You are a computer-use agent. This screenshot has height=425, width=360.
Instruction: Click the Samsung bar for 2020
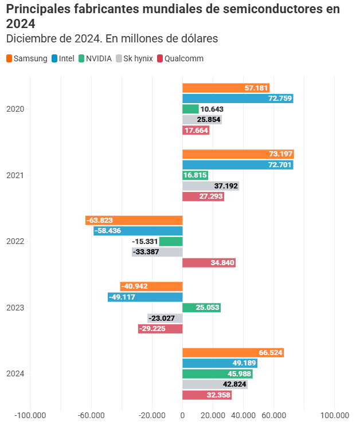225,88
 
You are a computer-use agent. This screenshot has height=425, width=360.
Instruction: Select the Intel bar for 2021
237,165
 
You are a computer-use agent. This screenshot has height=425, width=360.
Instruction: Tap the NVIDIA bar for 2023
201,308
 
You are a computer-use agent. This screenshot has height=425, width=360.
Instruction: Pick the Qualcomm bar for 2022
209,263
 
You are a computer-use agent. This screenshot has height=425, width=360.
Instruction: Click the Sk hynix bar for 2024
214,384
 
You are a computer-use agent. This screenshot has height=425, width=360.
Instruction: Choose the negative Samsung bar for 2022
134,221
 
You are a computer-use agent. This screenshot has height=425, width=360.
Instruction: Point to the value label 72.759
280,99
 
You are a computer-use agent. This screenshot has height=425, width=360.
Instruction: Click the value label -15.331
144,242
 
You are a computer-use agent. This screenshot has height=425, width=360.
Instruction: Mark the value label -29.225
152,329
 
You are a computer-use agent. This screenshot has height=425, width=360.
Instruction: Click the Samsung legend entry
26,58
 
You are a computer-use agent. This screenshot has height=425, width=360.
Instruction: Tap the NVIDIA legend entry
95,58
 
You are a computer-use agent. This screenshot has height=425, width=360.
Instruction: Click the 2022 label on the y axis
15,242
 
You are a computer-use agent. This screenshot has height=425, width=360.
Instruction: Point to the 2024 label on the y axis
15,374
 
